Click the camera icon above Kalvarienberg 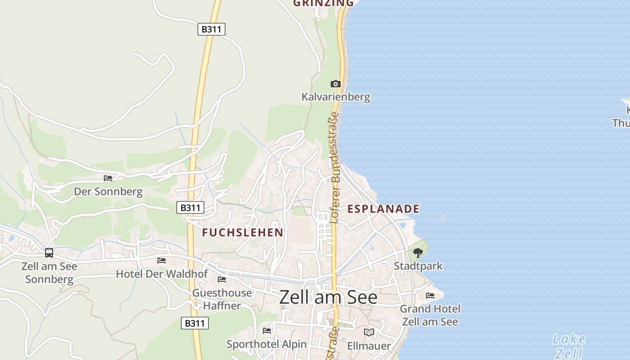336,84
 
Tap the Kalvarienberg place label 336,97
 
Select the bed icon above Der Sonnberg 108,178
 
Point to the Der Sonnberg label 108,192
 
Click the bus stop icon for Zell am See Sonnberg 49,253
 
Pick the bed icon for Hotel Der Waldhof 162,261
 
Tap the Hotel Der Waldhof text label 162,274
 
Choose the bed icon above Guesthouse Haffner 222,279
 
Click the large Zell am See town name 328,297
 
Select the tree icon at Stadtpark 418,253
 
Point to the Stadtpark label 418,266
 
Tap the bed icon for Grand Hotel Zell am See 430,296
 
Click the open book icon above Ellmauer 369,332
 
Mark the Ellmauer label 369,346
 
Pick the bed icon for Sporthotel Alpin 267,331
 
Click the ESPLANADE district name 383,209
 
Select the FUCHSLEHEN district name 243,233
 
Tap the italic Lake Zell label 569,346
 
